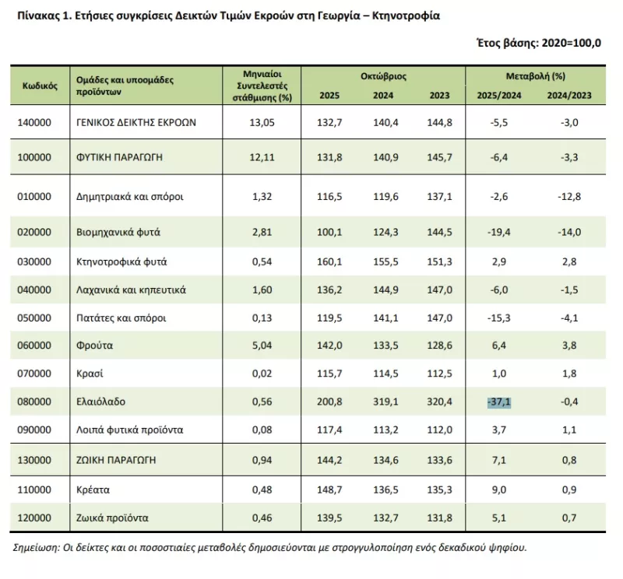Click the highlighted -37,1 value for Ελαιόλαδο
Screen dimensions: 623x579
click(499, 402)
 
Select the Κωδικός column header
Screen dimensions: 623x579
click(40, 86)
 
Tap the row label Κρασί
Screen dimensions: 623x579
click(90, 374)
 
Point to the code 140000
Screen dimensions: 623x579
click(34, 122)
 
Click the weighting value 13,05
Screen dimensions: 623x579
click(262, 122)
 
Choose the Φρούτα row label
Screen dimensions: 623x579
click(94, 346)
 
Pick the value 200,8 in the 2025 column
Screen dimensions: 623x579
click(329, 402)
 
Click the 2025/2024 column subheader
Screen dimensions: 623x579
click(499, 95)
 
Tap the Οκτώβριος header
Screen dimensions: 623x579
click(383, 76)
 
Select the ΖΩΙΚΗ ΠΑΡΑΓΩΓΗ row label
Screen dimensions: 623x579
click(116, 460)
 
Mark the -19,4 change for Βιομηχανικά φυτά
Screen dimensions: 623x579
click(499, 232)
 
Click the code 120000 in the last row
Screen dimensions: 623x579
click(34, 518)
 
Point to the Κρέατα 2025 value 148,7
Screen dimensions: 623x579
click(329, 490)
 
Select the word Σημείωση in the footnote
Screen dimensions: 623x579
click(36, 548)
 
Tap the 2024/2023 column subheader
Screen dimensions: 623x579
click(569, 95)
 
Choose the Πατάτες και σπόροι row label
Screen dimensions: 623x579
click(121, 318)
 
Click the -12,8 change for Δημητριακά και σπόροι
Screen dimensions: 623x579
click(569, 197)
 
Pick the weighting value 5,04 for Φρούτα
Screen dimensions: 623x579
click(262, 346)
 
